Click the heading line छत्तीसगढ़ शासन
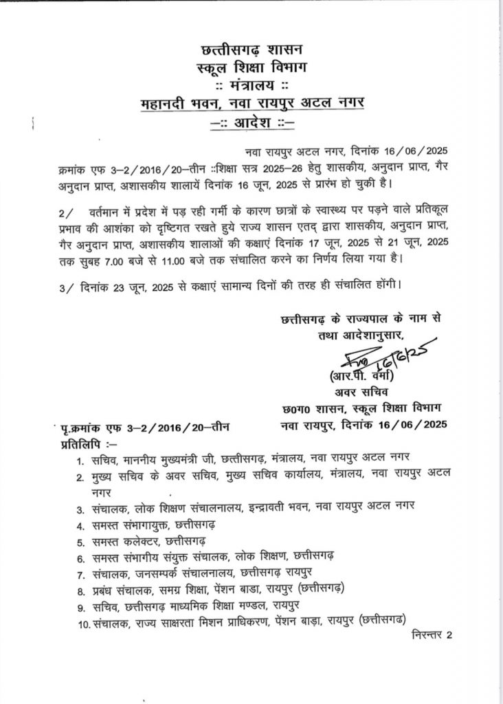pyautogui.click(x=249, y=49)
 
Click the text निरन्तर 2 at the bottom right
pyautogui.click(x=433, y=635)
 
